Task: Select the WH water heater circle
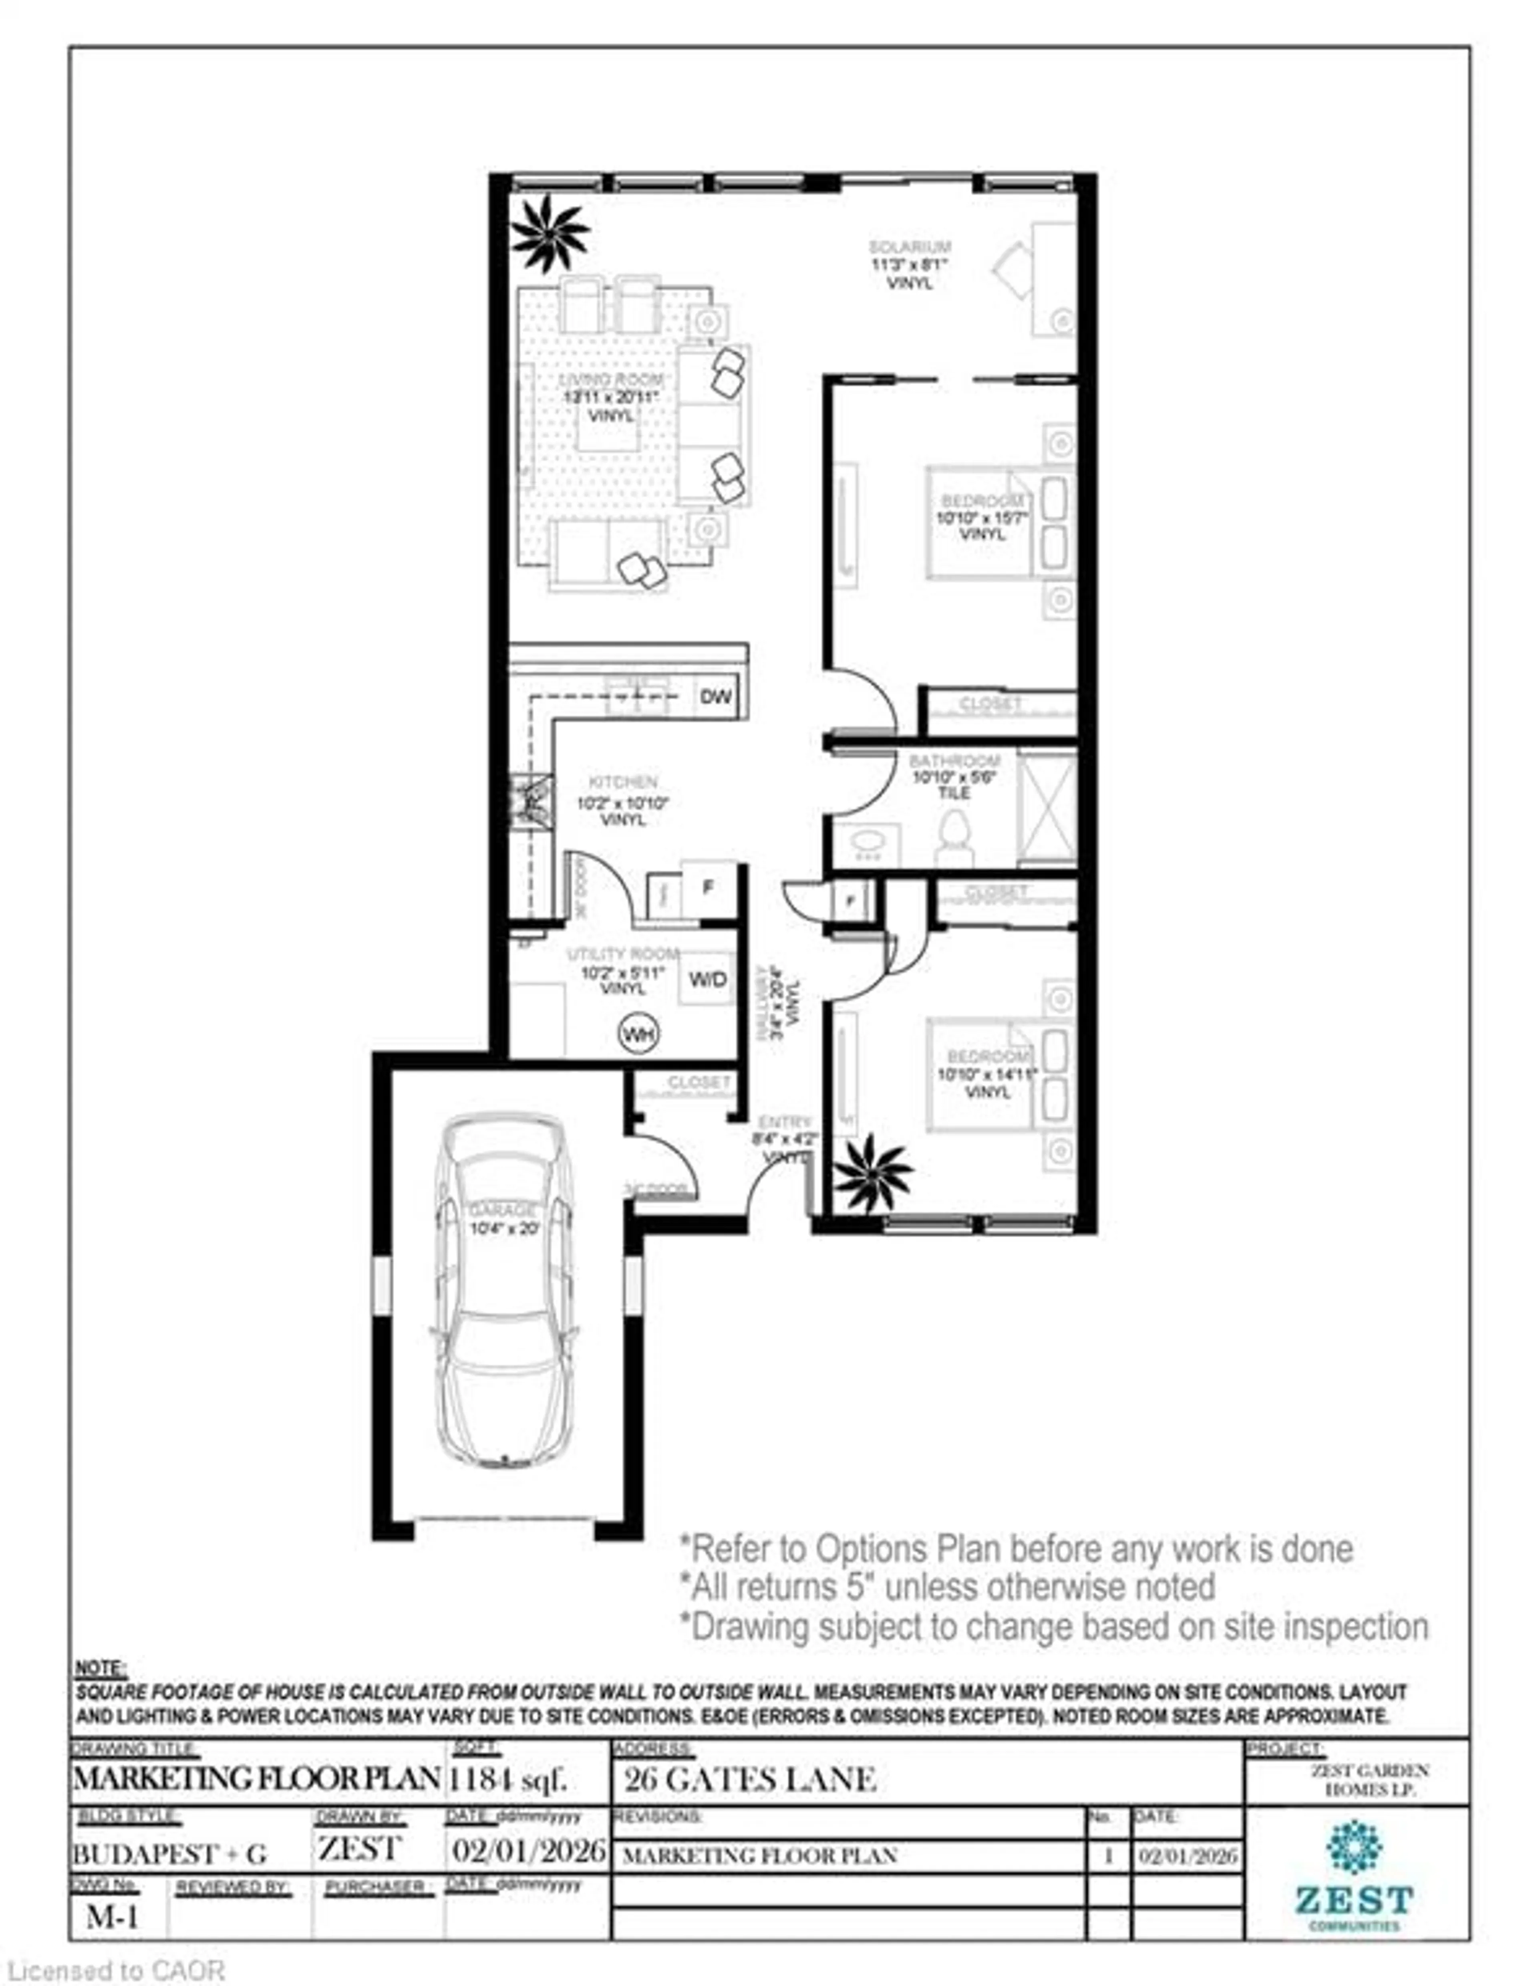point(638,1034)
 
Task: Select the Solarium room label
point(909,246)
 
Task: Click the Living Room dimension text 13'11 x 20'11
point(610,397)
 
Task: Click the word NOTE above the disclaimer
point(101,1669)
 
